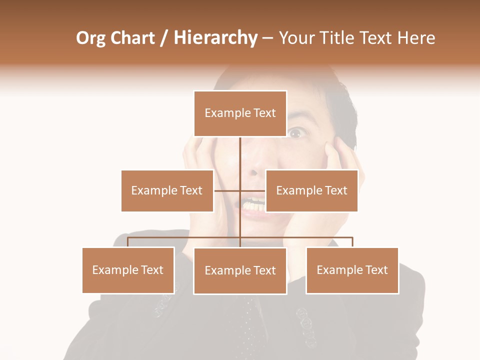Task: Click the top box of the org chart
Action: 240,113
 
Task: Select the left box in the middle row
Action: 167,190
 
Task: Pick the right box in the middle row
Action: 311,190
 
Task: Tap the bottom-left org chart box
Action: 128,270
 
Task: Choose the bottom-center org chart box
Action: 240,270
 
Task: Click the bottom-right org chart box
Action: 352,270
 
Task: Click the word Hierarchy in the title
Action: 215,38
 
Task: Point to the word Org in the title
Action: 91,38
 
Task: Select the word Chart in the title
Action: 132,38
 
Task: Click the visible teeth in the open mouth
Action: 253,204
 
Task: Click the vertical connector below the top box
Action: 240,155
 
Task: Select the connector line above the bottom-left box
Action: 128,242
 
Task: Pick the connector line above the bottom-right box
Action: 352,242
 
